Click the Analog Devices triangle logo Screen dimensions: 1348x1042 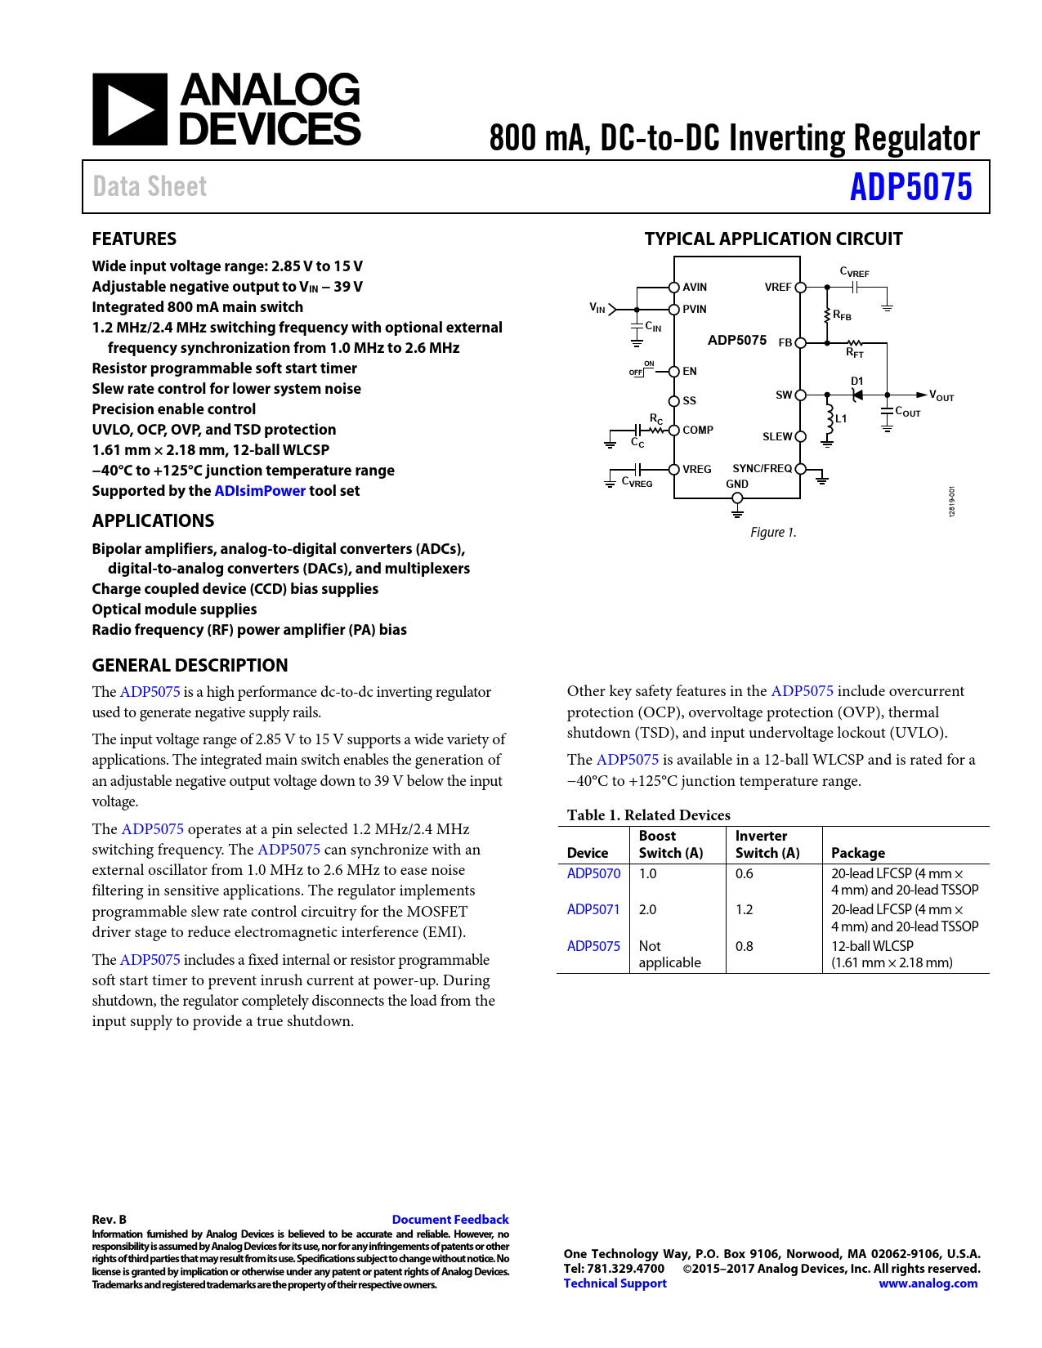[130, 109]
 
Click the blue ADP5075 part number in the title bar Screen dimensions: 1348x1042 [910, 187]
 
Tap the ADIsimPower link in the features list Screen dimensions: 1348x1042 [260, 491]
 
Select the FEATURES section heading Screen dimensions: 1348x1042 [134, 239]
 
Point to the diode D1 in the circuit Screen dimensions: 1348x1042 [856, 394]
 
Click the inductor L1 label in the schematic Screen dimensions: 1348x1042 [841, 418]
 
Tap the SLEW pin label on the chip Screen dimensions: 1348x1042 [777, 436]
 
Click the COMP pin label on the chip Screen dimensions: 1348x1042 [698, 430]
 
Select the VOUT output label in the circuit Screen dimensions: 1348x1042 [941, 396]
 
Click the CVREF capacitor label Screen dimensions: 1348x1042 [854, 272]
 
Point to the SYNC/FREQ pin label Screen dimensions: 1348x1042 [762, 468]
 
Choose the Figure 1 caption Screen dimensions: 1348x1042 [773, 533]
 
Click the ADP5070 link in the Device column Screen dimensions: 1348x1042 [593, 873]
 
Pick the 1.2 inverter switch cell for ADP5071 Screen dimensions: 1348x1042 [744, 909]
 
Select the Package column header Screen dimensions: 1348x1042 [858, 853]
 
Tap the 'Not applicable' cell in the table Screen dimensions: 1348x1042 [669, 954]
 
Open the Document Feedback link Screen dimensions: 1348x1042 [450, 1220]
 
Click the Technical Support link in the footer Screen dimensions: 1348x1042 [615, 1283]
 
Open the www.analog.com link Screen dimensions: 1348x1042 [928, 1283]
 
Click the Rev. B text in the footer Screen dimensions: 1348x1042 [109, 1220]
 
